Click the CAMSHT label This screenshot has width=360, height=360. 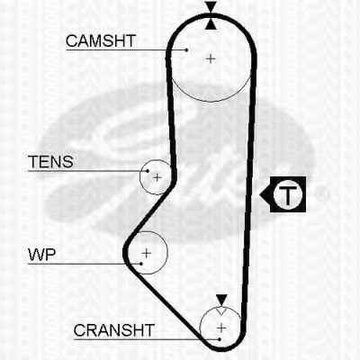101,40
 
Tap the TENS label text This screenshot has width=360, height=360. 50,162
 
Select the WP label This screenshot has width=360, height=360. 42,255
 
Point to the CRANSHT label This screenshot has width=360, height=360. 114,330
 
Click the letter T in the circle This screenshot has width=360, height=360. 287,194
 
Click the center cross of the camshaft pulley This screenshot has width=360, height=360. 211,58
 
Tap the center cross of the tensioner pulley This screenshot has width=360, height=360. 157,177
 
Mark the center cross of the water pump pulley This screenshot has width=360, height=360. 147,254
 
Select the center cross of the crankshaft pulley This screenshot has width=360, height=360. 221,328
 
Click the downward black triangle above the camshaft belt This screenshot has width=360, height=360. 211,6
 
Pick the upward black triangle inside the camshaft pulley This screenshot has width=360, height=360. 211,24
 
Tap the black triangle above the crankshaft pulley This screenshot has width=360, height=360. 221,300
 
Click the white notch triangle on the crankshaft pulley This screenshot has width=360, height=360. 221,310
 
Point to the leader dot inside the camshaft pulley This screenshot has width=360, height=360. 186,50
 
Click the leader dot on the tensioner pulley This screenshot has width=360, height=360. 148,171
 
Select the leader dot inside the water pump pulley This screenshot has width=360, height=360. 141,264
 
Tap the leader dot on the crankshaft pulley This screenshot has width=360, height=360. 220,339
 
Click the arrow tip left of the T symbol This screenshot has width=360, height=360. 260,194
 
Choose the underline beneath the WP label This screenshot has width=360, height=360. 85,264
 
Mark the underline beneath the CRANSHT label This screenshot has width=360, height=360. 147,339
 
